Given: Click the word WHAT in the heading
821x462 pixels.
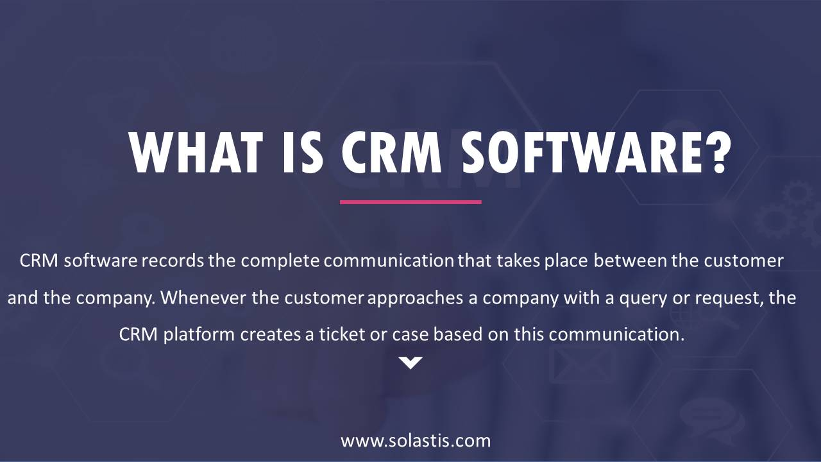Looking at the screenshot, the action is tap(196, 152).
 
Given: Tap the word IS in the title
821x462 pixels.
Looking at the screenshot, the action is tap(303, 152).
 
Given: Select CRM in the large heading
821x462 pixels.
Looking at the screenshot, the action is tap(391, 152).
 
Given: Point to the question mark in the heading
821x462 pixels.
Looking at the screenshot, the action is tap(718, 151).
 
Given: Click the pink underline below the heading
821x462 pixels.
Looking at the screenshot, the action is tap(410, 202).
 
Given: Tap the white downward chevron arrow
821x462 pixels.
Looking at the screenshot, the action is tap(410, 363).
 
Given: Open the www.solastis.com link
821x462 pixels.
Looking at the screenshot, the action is tap(416, 441).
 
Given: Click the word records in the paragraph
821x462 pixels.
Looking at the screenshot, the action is tap(173, 261).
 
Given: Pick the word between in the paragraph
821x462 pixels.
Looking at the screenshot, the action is tap(630, 261).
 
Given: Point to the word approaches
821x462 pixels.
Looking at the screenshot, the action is tap(415, 298).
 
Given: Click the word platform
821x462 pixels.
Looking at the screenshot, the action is tap(199, 335).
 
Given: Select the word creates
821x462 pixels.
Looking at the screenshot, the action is tap(271, 335).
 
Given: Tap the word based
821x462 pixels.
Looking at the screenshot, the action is tap(458, 334).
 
